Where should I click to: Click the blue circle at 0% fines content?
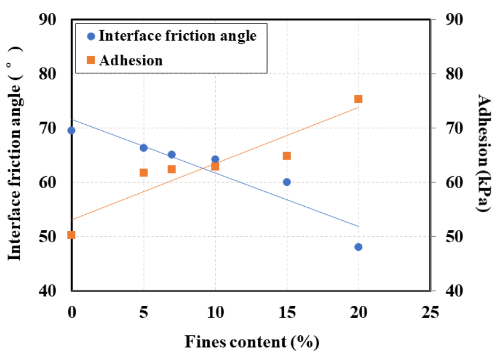(x=71, y=130)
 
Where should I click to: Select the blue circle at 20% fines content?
(x=358, y=247)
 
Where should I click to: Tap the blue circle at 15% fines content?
(x=286, y=182)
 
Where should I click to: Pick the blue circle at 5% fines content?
(x=143, y=148)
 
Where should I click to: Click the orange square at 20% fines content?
(x=358, y=99)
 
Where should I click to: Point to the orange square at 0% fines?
(x=71, y=235)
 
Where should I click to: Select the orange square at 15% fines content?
(x=286, y=156)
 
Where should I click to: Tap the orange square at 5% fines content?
(x=143, y=172)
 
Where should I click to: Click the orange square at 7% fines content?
(x=172, y=169)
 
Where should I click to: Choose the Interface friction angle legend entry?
(x=171, y=36)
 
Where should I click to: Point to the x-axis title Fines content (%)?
(x=252, y=341)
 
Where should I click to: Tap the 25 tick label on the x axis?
(x=430, y=312)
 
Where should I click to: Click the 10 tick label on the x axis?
(x=215, y=312)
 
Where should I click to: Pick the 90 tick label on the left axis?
(x=51, y=20)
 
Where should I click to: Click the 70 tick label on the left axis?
(x=51, y=129)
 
